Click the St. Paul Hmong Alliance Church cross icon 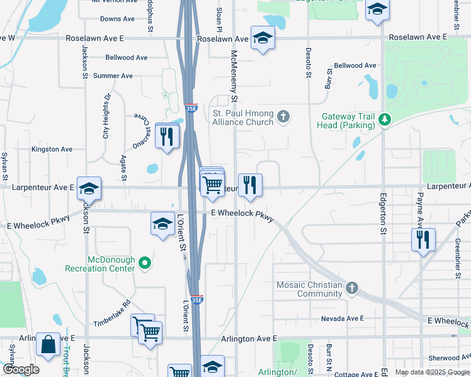click(x=284, y=116)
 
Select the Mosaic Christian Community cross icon click(x=352, y=288)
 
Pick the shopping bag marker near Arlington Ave click(x=48, y=344)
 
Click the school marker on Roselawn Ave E click(x=261, y=38)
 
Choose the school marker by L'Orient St click(x=162, y=224)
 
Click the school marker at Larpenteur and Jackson click(x=89, y=188)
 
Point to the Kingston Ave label click(x=52, y=150)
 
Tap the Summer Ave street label click(x=113, y=76)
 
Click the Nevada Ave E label click(x=343, y=319)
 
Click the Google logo click(x=21, y=369)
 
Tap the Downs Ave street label click(x=118, y=19)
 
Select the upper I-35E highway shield click(x=191, y=109)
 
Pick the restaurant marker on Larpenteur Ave click(x=250, y=185)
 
